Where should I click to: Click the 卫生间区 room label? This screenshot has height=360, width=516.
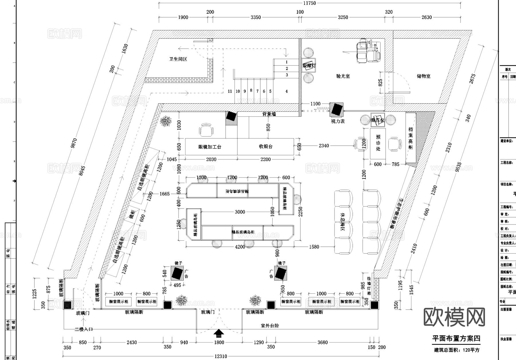[x=178, y=59]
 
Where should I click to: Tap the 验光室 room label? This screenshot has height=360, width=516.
[x=343, y=76]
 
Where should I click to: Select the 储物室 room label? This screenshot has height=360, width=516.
[x=423, y=76]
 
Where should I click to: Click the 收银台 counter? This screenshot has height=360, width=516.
[x=266, y=147]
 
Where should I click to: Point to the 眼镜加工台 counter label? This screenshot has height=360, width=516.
[x=210, y=147]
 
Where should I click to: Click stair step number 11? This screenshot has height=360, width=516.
[x=230, y=91]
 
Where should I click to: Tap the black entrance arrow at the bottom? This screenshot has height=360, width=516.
[x=219, y=333]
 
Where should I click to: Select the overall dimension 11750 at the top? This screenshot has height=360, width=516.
[x=309, y=3]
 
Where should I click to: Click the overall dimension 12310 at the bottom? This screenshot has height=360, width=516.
[x=220, y=357]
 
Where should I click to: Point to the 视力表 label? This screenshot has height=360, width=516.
[x=338, y=121]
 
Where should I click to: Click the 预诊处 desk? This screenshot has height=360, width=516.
[x=378, y=143]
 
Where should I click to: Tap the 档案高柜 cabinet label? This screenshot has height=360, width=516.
[x=411, y=138]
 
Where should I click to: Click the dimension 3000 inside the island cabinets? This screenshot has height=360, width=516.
[x=240, y=212]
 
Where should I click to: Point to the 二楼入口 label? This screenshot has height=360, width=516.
[x=83, y=329]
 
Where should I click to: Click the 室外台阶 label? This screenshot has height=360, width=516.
[x=270, y=326]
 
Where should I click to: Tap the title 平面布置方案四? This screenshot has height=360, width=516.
[x=456, y=338]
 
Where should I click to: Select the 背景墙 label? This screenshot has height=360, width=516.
[x=269, y=114]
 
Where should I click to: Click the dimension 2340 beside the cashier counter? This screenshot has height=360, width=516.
[x=324, y=146]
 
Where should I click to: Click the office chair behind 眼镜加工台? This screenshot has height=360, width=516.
[x=206, y=131]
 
